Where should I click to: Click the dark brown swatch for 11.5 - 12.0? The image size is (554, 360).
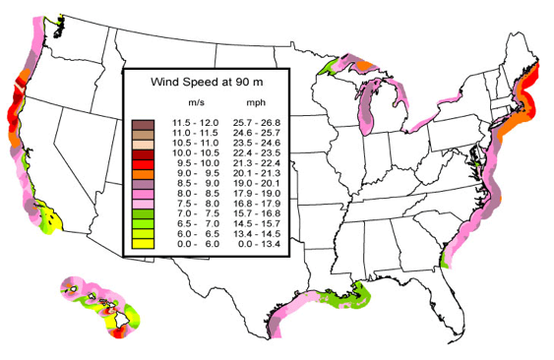pyautogui.click(x=143, y=123)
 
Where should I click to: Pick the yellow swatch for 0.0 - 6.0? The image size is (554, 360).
pyautogui.click(x=143, y=242)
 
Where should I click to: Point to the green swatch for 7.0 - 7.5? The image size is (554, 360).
pyautogui.click(x=143, y=210)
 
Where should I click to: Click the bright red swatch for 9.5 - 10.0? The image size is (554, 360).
pyautogui.click(x=143, y=166)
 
